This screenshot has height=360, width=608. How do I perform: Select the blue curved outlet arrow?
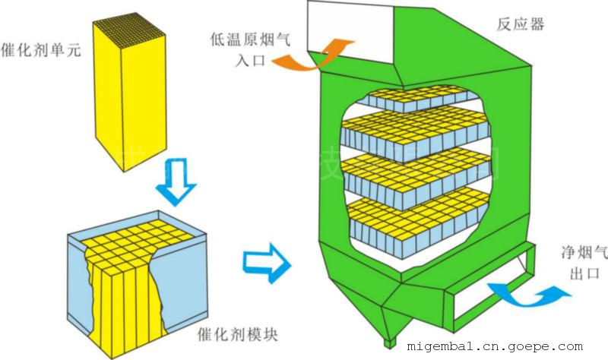coord(525,291)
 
